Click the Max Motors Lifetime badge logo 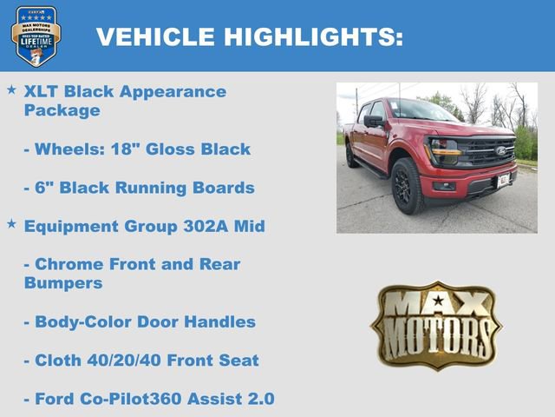36,36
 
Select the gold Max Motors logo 436,325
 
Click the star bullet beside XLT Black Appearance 11,89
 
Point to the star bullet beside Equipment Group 11,224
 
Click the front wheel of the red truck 408,185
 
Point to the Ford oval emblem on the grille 501,151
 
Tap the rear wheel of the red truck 350,156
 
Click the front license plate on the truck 504,180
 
